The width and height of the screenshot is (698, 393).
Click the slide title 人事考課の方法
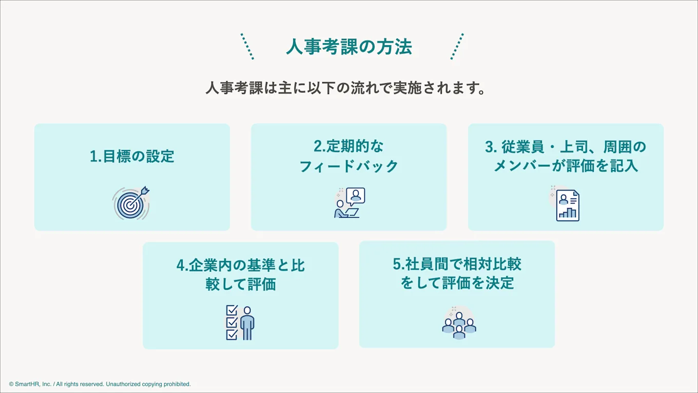point(349,47)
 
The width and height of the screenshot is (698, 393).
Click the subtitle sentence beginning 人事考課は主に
point(345,88)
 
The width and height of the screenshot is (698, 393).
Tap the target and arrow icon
point(131,203)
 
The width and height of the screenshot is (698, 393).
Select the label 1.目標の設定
point(132,156)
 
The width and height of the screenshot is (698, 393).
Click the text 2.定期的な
point(348,146)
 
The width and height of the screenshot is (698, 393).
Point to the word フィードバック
point(348,166)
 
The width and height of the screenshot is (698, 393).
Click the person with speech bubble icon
point(349,203)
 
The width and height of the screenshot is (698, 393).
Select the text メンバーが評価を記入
point(566,166)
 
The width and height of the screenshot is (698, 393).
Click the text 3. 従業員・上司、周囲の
point(566,147)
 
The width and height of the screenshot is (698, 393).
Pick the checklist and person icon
point(240,323)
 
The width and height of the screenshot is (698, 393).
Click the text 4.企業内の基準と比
point(240,265)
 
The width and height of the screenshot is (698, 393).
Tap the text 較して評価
point(240,284)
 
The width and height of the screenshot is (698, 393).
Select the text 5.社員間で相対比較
point(457,264)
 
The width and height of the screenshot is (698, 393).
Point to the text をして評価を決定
point(457,283)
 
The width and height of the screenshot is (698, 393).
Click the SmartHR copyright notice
point(100,384)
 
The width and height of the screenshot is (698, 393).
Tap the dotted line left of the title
point(247,47)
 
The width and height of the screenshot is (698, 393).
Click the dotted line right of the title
point(457,47)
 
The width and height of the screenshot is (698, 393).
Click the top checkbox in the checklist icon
point(231,311)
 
